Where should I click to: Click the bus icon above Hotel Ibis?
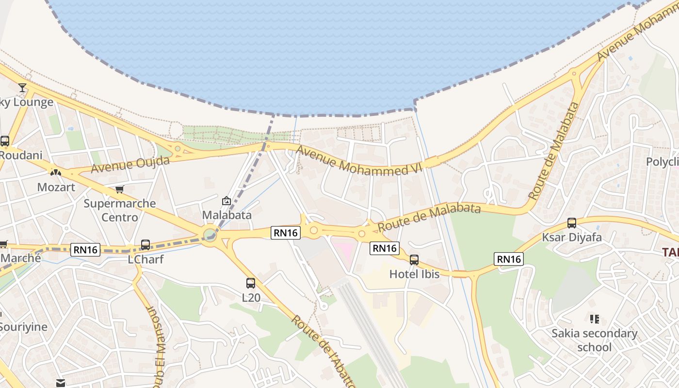point(414,260)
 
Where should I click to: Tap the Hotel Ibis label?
point(414,274)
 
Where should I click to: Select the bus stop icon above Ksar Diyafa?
point(572,223)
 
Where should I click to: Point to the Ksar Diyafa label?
point(572,237)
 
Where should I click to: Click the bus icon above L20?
point(251,283)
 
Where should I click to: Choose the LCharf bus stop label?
point(145,259)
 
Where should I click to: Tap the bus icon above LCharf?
point(145,245)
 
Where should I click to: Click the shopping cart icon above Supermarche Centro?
point(119,189)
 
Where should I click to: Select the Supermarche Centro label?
point(119,210)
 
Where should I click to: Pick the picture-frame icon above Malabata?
point(226,201)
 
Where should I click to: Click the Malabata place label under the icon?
point(226,215)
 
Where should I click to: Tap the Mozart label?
point(56,187)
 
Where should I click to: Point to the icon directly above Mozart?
point(56,172)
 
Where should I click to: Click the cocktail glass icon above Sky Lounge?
point(22,88)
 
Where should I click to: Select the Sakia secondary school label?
point(594,340)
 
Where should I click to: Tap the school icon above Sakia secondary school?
point(595,319)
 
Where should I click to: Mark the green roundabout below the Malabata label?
point(210,235)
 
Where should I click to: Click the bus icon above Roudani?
point(5,141)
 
